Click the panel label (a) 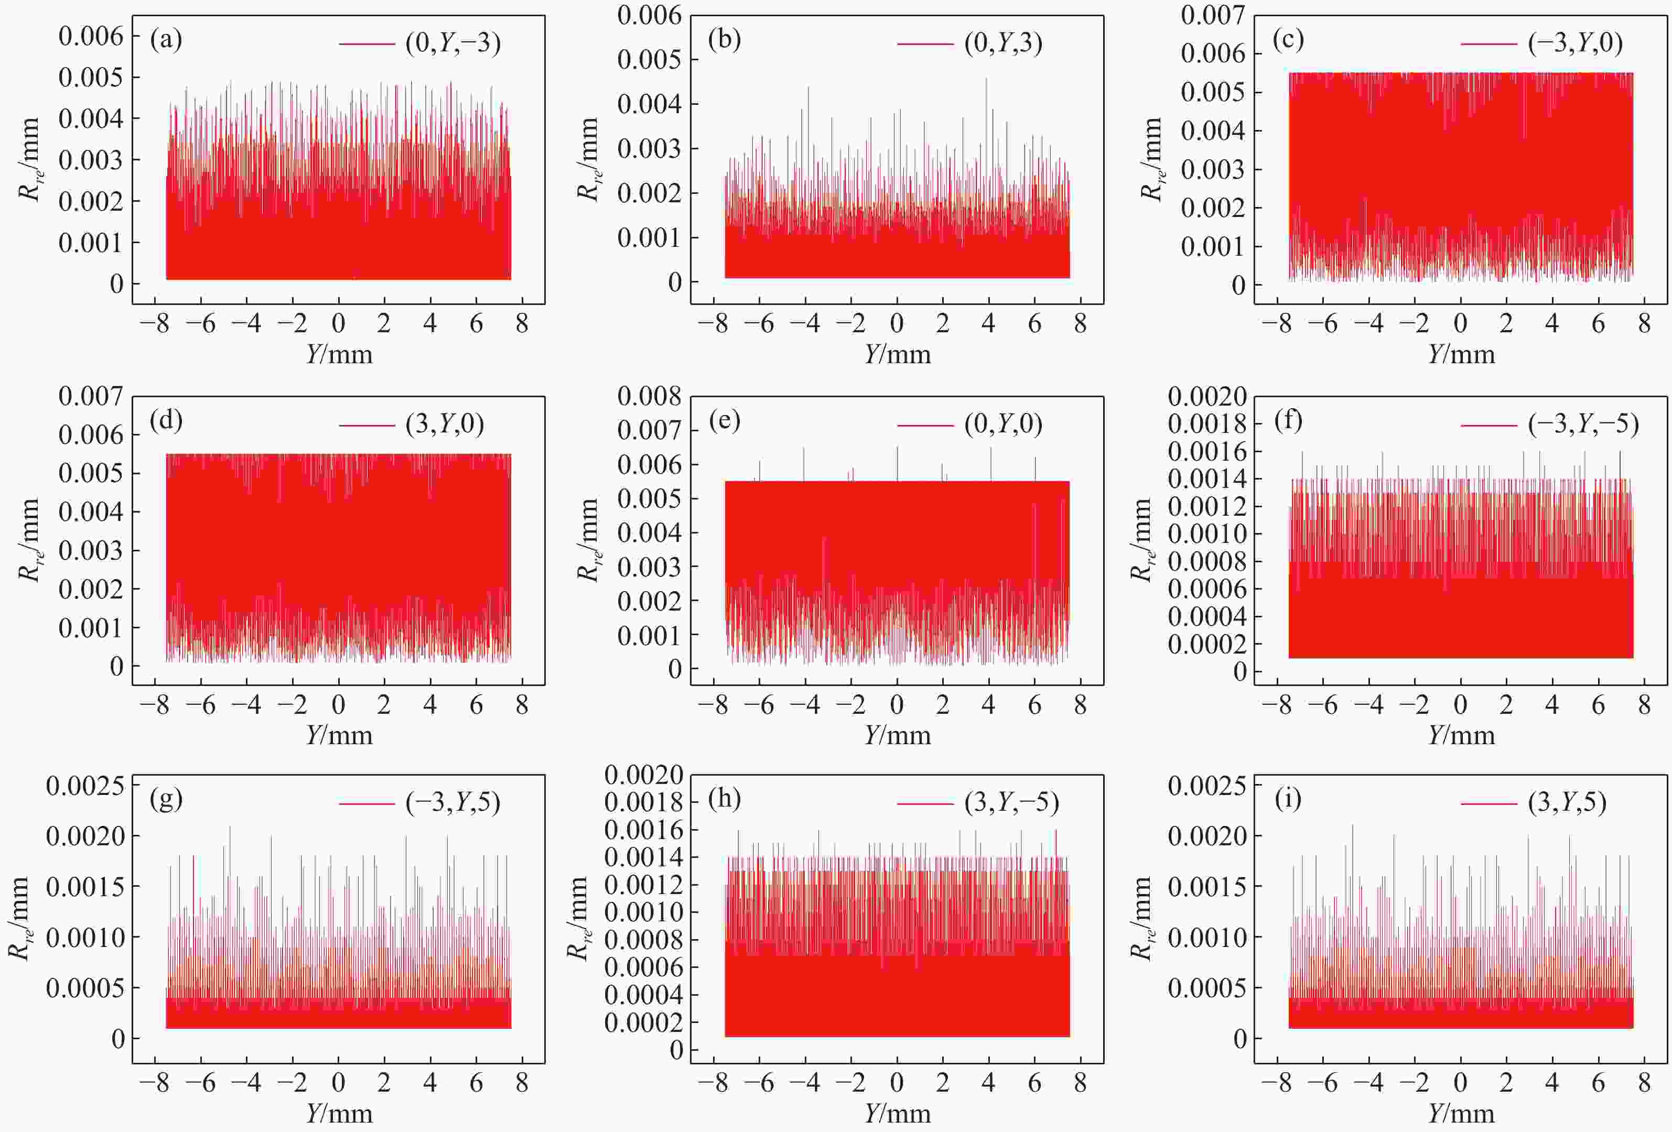(x=166, y=39)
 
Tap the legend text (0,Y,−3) (x=452, y=43)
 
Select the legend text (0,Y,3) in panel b (x=1003, y=43)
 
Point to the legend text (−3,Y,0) (x=1575, y=43)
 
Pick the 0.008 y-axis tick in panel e (x=649, y=396)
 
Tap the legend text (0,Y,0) (x=1003, y=424)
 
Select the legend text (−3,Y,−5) (x=1583, y=424)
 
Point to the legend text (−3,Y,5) (x=452, y=802)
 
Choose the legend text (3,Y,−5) (x=1011, y=802)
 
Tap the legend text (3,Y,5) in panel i (x=1567, y=802)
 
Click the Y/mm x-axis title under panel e (x=897, y=735)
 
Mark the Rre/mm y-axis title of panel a (x=29, y=160)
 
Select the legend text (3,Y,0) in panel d (x=445, y=424)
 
